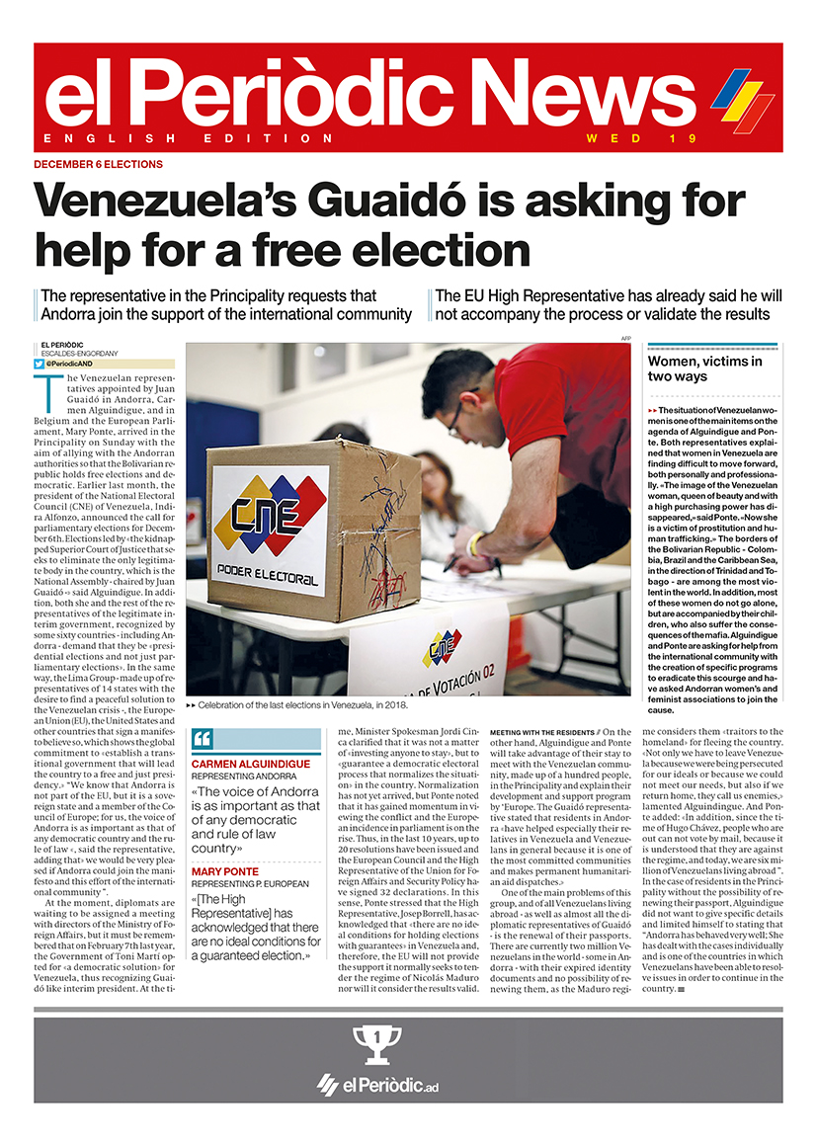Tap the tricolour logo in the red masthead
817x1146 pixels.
click(743, 98)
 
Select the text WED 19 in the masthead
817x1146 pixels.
click(642, 138)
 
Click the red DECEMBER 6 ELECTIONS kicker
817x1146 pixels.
click(99, 164)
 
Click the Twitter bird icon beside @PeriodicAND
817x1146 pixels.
click(39, 364)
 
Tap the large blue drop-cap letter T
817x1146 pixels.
click(46, 387)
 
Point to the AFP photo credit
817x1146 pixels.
click(625, 339)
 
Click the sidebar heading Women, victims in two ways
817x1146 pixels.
click(704, 368)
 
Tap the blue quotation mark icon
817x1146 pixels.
click(202, 738)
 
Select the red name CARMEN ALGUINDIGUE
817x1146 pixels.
click(251, 764)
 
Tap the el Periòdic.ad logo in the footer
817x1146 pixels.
click(377, 1084)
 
